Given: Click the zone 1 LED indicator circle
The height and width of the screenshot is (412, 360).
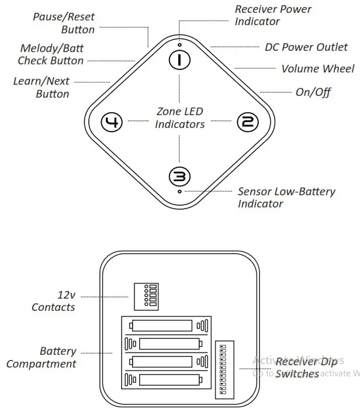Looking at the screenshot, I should [179, 59].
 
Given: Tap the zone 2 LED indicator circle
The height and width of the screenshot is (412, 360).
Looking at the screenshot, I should [247, 122].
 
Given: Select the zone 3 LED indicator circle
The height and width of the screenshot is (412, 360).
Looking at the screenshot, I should [179, 176].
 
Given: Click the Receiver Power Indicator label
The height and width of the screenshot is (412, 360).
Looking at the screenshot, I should [273, 15].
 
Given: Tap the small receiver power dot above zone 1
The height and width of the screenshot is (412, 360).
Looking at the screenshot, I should [179, 44].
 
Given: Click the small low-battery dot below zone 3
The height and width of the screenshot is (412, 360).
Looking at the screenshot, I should [179, 191].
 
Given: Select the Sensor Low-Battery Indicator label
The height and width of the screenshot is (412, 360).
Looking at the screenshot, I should [286, 198].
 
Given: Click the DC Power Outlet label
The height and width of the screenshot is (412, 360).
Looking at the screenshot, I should [306, 47].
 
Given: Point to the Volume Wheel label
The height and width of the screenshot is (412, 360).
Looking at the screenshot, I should [317, 69].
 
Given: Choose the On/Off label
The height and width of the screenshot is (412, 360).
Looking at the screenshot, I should [313, 92].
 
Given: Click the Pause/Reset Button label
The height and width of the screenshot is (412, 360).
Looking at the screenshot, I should [64, 23].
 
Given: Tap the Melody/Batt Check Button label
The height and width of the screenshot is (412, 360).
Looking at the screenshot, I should [51, 54].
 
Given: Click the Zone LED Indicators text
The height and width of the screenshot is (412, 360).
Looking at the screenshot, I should [180, 117].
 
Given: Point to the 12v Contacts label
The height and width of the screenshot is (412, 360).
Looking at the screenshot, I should [54, 301].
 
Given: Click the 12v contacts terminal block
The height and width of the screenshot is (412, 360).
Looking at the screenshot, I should [146, 296].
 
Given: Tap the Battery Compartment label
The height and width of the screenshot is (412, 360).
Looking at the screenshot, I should [42, 357].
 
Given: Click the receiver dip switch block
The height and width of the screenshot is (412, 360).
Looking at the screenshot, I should [224, 369].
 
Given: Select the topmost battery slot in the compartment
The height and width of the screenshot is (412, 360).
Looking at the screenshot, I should [166, 326].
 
